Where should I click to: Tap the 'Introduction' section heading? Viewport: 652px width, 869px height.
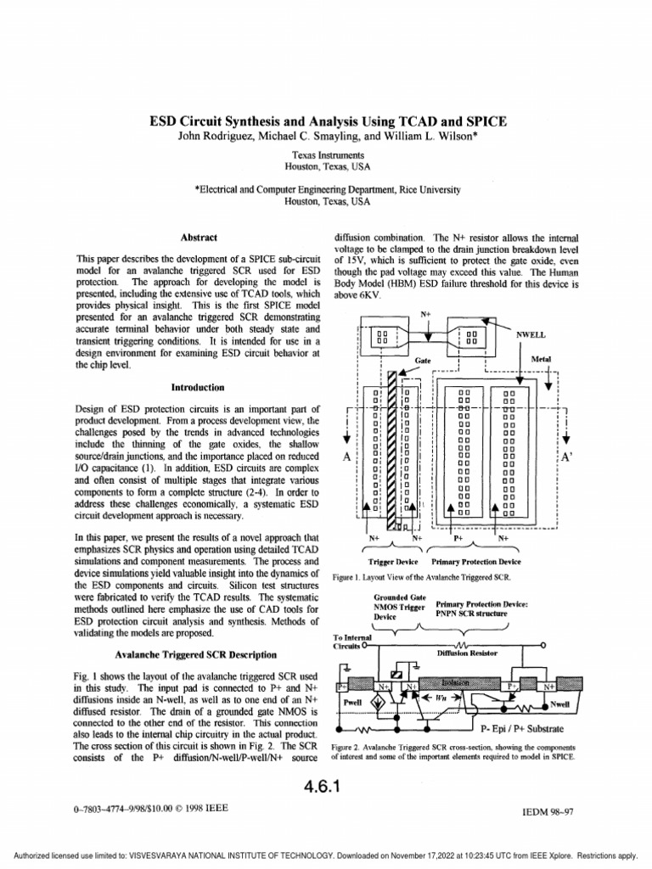(198, 387)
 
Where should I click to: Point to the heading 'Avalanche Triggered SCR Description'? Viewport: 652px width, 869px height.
(195, 655)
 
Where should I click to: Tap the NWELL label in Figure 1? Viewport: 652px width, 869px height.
(531, 335)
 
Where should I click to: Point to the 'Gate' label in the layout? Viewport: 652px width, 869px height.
(424, 360)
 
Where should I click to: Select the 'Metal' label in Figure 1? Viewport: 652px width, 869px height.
(541, 360)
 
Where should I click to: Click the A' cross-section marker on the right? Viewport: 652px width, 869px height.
(568, 457)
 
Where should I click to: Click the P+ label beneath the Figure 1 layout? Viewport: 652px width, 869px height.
(458, 538)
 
